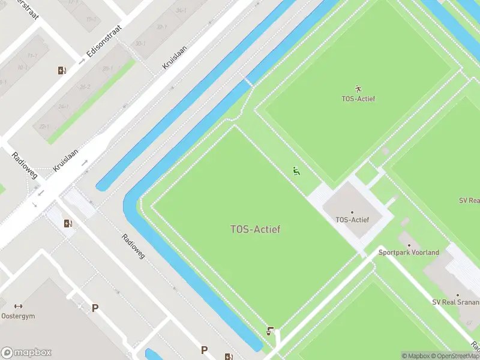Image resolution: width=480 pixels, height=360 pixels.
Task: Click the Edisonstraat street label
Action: coord(104,41)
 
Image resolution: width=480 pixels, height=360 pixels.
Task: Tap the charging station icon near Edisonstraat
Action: coord(62,71)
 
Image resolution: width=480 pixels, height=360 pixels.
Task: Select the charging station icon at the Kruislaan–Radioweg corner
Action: coord(68,224)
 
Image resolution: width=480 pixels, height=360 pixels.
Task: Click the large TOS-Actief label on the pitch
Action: coord(255,229)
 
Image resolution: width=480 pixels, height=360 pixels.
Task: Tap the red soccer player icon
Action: coord(359,88)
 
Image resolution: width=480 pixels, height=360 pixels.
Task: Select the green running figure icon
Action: coord(296,171)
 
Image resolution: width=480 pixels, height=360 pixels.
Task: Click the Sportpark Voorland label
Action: coord(409,253)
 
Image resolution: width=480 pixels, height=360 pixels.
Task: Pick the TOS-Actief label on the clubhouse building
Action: coord(352,220)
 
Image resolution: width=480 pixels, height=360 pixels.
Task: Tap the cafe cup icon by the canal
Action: coord(271,331)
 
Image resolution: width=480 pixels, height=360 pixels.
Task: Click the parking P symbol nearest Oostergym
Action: coord(95,308)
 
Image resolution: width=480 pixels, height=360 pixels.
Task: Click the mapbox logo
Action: coord(26,353)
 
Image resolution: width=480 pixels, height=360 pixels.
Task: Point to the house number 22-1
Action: coord(44,127)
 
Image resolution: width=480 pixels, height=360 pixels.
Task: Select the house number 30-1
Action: coord(140,44)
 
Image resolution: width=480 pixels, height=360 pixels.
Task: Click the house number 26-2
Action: coord(85,87)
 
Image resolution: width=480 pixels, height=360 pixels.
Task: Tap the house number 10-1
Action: coord(23,68)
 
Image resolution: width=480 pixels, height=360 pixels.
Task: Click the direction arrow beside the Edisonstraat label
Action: coord(82,61)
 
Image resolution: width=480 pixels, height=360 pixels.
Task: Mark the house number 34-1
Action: coord(181,11)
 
